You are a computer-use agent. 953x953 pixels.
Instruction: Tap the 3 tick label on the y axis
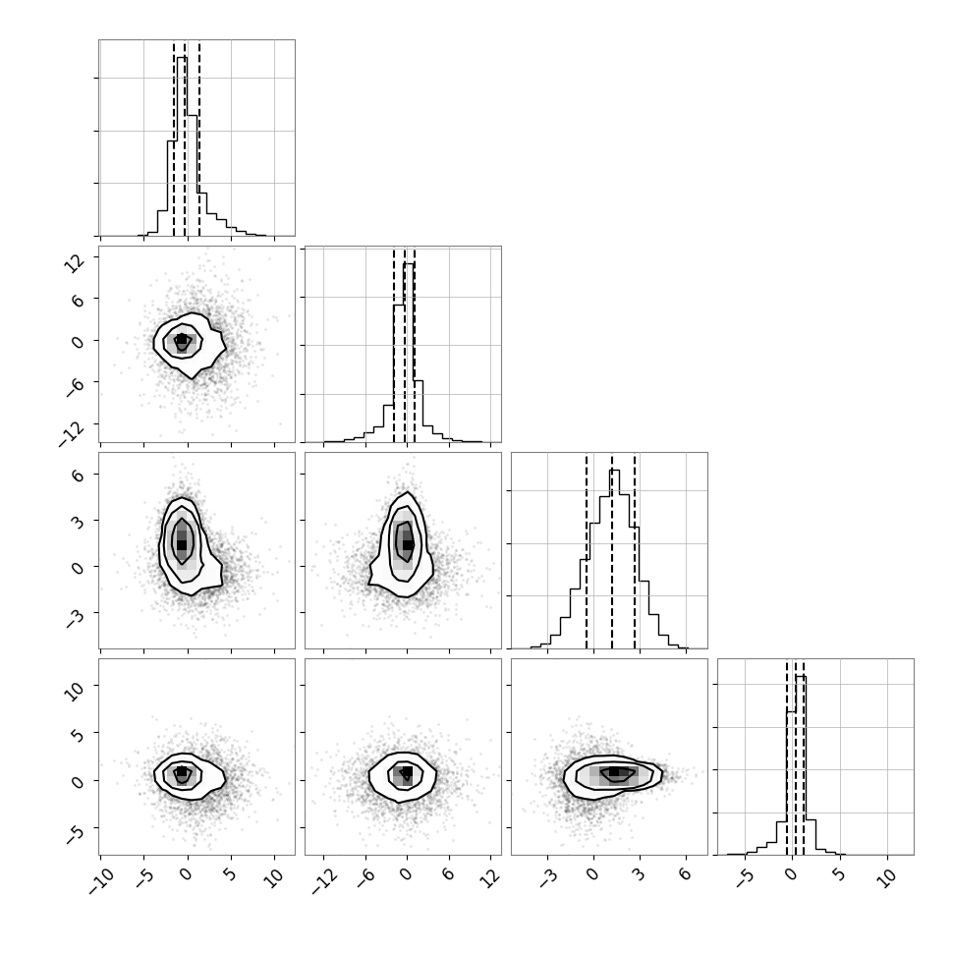(78, 522)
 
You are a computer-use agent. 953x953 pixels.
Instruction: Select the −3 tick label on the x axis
(544, 878)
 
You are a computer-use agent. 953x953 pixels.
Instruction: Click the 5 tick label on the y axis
(78, 736)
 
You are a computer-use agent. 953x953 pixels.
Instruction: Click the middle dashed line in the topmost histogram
(185, 138)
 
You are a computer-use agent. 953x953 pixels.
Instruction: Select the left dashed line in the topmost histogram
(174, 138)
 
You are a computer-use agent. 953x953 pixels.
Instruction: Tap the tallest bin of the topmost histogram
(182, 145)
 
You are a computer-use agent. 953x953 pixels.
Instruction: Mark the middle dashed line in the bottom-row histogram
(795, 757)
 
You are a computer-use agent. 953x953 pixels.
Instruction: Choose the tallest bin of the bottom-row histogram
(801, 764)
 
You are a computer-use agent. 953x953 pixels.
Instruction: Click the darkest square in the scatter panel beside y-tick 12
(181, 339)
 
